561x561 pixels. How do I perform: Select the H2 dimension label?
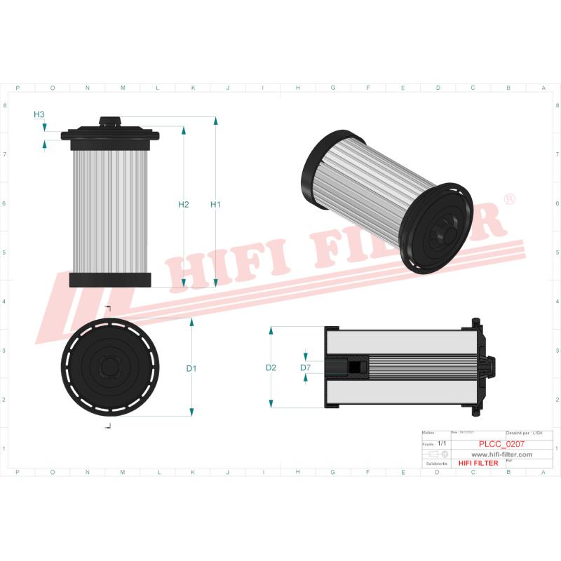point(183,205)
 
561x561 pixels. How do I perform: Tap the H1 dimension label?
point(215,205)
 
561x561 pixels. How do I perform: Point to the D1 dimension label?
point(191,368)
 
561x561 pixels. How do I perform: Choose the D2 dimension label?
point(271,367)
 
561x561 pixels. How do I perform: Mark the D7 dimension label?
point(305,367)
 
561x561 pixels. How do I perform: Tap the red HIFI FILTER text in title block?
point(478,463)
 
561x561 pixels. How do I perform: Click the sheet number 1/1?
point(442,444)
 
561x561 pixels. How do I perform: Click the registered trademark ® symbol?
point(510,200)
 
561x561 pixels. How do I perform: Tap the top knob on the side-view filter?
point(110,121)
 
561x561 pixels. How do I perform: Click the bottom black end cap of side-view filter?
point(110,280)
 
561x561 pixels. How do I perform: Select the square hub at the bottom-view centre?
point(110,367)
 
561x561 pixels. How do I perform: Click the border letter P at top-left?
point(17,88)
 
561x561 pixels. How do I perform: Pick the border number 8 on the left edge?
point(6,106)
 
